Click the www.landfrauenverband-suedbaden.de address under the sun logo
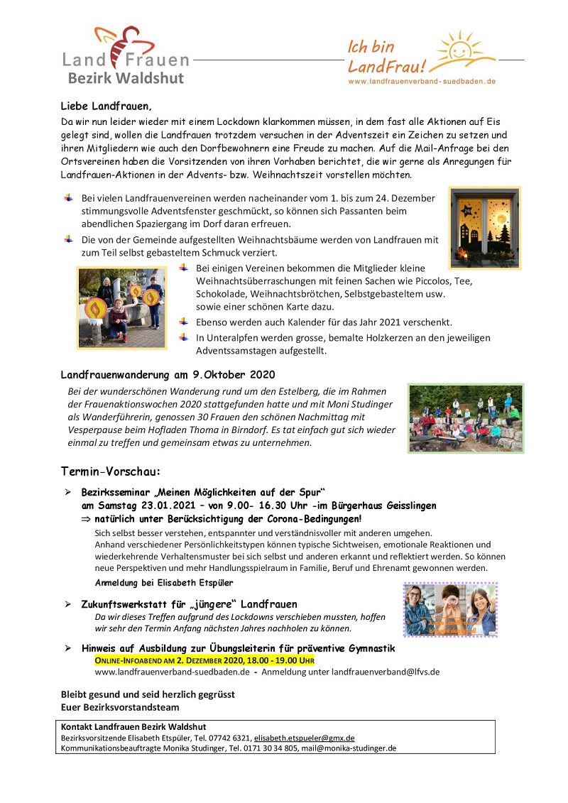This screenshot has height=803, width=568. [x=421, y=82]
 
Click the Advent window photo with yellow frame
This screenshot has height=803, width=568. [x=484, y=227]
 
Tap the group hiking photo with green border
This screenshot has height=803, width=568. [x=466, y=418]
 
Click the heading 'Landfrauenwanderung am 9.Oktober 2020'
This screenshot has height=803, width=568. [x=167, y=374]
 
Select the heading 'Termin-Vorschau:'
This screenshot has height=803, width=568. [x=110, y=471]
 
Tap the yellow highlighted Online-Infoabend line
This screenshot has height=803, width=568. [x=204, y=660]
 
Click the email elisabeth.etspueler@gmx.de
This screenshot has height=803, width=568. [x=305, y=738]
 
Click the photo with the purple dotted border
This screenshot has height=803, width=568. [x=450, y=609]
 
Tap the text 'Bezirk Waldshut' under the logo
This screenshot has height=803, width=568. [x=126, y=78]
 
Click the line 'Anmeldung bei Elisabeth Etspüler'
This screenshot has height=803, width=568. [x=163, y=582]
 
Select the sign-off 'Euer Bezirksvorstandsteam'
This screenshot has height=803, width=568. [x=120, y=707]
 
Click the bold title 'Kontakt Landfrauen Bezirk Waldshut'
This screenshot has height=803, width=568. [x=133, y=727]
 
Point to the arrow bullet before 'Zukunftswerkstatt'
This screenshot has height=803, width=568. [x=68, y=604]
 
